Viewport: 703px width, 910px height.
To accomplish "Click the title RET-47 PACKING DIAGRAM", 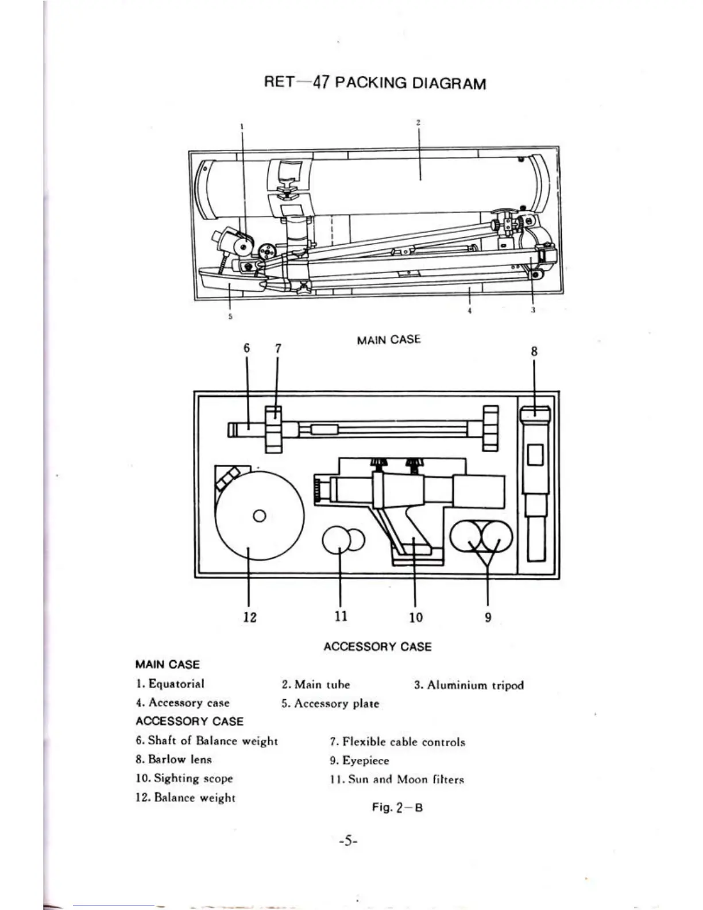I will [x=374, y=83].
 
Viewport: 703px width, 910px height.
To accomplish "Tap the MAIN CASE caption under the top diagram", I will [x=388, y=340].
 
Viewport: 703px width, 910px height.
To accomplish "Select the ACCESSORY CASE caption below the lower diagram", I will [x=377, y=646].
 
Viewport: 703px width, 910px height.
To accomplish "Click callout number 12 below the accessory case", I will [x=250, y=617].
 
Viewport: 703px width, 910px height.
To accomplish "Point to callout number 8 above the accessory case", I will [x=534, y=352].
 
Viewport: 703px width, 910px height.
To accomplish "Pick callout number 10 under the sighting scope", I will [x=416, y=617].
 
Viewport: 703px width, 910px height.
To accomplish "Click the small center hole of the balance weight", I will [x=259, y=516].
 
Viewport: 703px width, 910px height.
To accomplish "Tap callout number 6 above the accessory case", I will [x=247, y=348].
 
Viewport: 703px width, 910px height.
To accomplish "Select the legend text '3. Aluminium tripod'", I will [x=469, y=685].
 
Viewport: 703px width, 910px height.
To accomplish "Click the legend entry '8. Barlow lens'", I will [x=174, y=759].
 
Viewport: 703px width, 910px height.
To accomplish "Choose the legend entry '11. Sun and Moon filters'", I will [x=397, y=780].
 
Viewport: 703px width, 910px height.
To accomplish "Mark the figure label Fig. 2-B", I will [x=397, y=807].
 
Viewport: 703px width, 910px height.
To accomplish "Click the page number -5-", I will [x=348, y=842].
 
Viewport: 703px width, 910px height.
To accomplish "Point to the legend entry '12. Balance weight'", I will [x=186, y=797].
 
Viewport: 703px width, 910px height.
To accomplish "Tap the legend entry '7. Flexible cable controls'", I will [x=397, y=742].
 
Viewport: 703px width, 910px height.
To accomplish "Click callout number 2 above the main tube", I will [x=419, y=122].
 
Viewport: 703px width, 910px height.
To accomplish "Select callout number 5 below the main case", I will [x=230, y=317].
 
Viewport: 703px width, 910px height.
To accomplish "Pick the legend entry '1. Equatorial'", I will [x=171, y=684].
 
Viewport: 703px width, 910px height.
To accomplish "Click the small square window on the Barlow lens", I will [x=535, y=455].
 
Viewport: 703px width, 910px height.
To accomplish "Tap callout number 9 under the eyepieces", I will [x=488, y=618].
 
